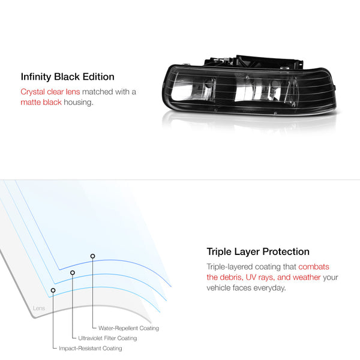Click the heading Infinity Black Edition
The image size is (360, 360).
click(x=67, y=77)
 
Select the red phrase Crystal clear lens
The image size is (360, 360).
click(x=50, y=92)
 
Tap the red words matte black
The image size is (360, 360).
click(x=41, y=102)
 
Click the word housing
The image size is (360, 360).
click(x=79, y=103)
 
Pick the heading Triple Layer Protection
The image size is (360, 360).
click(x=258, y=252)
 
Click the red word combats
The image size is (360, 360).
click(x=314, y=267)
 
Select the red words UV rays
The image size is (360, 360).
click(x=260, y=277)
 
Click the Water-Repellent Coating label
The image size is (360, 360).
click(x=128, y=328)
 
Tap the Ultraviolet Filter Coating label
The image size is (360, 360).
click(x=107, y=338)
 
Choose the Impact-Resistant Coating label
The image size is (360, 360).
click(x=91, y=348)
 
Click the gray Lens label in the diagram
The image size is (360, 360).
click(x=39, y=308)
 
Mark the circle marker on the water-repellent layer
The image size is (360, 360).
click(x=92, y=256)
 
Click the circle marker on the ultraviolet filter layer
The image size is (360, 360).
click(x=73, y=272)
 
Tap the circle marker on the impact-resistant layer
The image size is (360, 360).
click(x=53, y=290)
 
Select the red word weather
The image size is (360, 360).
click(x=307, y=277)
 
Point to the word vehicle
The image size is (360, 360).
click(x=218, y=288)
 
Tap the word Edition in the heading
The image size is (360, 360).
click(x=98, y=77)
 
